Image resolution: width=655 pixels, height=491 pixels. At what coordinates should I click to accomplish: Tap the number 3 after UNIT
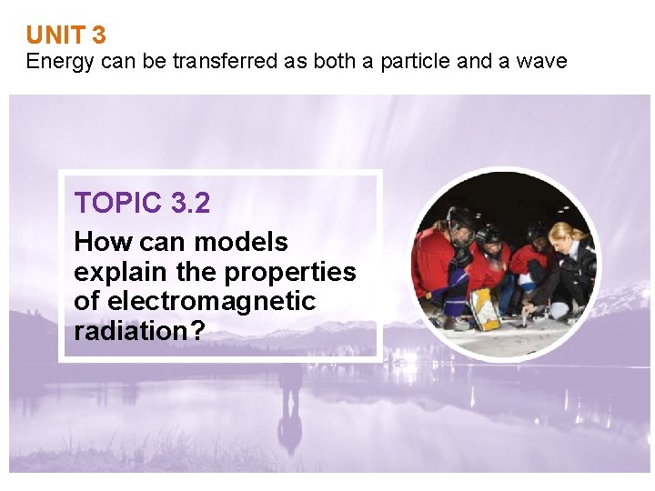tap(99, 35)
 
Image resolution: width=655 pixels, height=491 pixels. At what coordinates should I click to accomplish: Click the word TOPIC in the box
tap(118, 203)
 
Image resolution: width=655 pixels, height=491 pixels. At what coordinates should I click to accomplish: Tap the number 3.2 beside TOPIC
tap(190, 203)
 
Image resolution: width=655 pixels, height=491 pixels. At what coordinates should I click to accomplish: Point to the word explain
tap(117, 272)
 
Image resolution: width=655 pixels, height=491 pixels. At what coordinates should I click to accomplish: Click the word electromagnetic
tap(212, 301)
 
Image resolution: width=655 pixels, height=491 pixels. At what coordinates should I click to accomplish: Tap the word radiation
tap(128, 331)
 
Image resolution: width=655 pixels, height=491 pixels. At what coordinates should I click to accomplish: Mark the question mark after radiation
tap(196, 331)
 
